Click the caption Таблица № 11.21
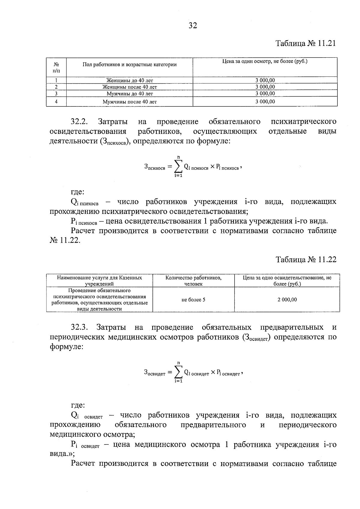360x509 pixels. (x=306, y=43)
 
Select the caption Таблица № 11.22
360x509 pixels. (x=306, y=259)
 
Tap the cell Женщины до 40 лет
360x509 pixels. (x=130, y=80)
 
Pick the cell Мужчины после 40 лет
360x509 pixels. (x=130, y=102)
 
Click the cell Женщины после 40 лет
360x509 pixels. (x=130, y=87)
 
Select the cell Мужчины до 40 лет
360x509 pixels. (x=130, y=94)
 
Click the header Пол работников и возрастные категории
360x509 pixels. (x=130, y=64)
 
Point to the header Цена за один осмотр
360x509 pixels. (x=265, y=61)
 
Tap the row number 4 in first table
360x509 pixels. (x=56, y=102)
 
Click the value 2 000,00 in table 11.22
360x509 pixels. (x=287, y=300)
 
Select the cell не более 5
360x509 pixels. (x=193, y=300)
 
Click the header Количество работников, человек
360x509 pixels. (x=193, y=281)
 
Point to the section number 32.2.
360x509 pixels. (x=79, y=122)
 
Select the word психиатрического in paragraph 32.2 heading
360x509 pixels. (x=303, y=122)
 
